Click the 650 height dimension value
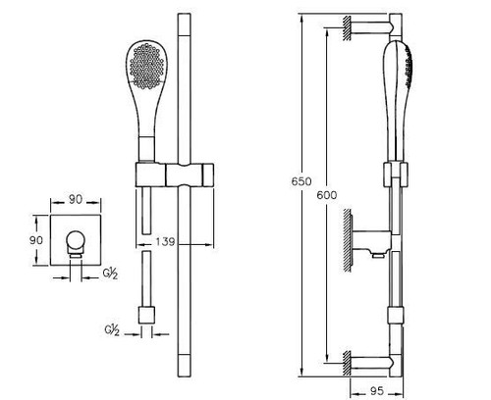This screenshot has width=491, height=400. point(301,181)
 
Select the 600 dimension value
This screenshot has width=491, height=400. point(327,195)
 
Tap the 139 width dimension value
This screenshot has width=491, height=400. point(165,242)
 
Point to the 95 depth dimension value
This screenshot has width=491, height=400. point(377,391)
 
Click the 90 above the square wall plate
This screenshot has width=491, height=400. point(76,199)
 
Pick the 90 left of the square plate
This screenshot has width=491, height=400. point(36,240)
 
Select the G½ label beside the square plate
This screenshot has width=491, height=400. point(110,274)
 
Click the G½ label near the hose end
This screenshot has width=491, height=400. point(112,330)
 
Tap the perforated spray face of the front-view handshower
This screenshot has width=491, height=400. point(146,66)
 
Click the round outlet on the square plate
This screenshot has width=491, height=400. point(77,241)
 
